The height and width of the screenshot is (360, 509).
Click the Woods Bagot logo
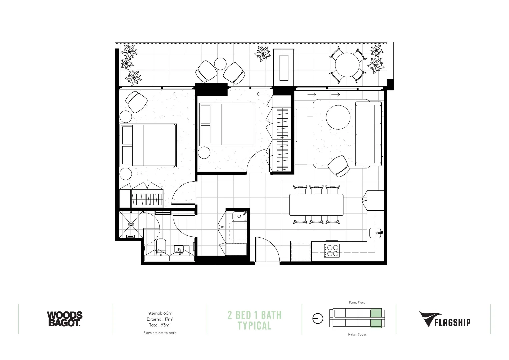tap(64, 319)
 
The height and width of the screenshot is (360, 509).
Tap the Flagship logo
tap(445, 319)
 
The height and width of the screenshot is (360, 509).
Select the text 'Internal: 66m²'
tap(160, 313)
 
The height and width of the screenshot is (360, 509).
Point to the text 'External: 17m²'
tap(160, 319)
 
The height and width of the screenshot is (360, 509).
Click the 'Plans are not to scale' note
tap(160, 333)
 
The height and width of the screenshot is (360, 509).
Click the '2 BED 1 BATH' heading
tap(254, 315)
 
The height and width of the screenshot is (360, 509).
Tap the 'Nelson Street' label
tap(357, 334)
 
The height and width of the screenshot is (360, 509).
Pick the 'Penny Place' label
tap(357, 303)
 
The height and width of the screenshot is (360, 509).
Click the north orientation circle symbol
tap(318, 319)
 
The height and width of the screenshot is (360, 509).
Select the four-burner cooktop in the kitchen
tap(332, 250)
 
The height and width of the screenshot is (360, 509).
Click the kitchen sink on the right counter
tap(376, 233)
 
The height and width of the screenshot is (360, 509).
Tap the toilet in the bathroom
tap(161, 247)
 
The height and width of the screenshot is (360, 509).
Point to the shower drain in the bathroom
tap(131, 224)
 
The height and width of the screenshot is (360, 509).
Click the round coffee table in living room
tap(338, 117)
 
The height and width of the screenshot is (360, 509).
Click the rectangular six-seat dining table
tap(316, 205)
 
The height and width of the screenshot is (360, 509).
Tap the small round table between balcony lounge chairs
tap(220, 63)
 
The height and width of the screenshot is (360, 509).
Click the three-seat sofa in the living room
tap(368, 134)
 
